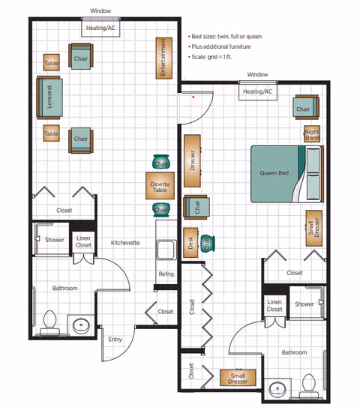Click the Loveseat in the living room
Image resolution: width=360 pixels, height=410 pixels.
(49, 97)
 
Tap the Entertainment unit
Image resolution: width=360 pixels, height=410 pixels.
(164, 58)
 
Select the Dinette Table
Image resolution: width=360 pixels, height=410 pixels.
(160, 186)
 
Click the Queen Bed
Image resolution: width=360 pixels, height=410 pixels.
(287, 174)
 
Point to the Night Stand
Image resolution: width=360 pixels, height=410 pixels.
(312, 134)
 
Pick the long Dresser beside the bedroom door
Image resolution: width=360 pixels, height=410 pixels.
(192, 160)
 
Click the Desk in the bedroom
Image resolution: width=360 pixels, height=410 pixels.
(190, 243)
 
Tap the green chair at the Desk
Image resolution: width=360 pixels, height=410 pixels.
(208, 244)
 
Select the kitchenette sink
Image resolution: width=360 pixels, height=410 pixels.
(166, 250)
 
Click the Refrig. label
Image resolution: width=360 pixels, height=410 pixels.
(166, 274)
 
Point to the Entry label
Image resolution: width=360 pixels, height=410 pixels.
(115, 340)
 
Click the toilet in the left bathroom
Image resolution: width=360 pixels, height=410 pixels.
(49, 322)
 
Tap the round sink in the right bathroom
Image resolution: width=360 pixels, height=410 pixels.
(277, 388)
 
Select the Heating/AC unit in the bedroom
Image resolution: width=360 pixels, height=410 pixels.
(258, 91)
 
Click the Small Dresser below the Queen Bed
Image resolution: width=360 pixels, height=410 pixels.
(314, 229)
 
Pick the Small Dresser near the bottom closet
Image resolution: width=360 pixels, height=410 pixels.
(238, 378)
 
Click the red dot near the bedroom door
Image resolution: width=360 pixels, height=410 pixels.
(193, 97)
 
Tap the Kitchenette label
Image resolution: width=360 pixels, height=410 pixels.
(125, 243)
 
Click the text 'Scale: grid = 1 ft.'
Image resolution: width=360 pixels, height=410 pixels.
(211, 57)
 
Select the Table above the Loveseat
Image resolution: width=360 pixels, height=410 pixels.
(52, 62)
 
